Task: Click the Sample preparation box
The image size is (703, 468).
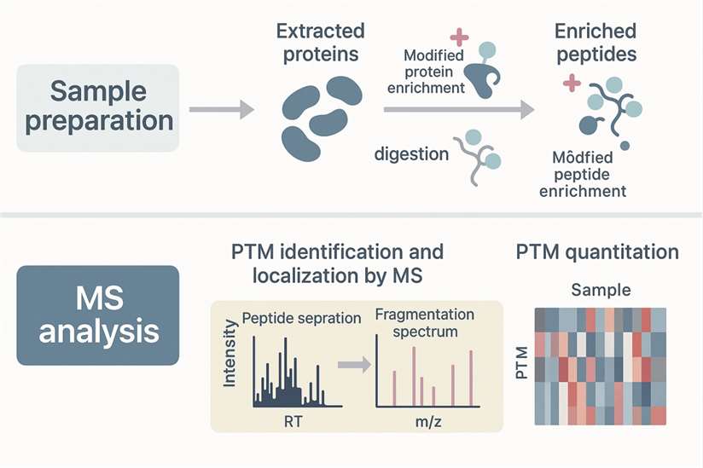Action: pyautogui.click(x=99, y=108)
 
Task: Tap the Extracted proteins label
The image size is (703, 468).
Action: pyautogui.click(x=320, y=42)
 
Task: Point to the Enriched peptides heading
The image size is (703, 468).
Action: pyautogui.click(x=595, y=42)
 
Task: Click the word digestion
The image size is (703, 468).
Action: pyautogui.click(x=411, y=154)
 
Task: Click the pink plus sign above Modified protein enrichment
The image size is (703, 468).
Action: pyautogui.click(x=459, y=37)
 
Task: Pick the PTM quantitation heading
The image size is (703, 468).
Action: pyautogui.click(x=597, y=252)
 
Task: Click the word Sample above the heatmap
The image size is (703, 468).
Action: pyautogui.click(x=601, y=290)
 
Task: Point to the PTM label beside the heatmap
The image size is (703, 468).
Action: pyautogui.click(x=522, y=365)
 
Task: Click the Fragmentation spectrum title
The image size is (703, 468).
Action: pyautogui.click(x=416, y=321)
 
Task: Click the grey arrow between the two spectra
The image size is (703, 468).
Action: pyautogui.click(x=351, y=365)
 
